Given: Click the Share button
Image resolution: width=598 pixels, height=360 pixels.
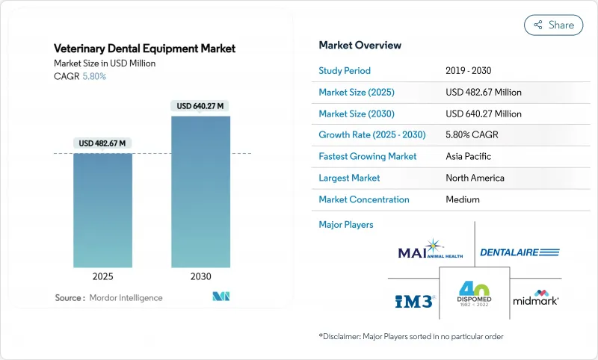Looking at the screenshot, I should tap(553, 25).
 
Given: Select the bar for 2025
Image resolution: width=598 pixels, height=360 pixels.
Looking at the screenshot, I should tap(102, 211).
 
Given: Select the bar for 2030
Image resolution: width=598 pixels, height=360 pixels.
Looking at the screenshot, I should tap(201, 192).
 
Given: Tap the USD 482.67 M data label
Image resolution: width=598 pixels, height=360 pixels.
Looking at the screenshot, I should tap(102, 143).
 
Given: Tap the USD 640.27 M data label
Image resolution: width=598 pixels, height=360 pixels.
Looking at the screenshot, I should tap(201, 106).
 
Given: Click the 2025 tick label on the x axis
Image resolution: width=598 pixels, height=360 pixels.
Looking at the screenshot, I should tap(102, 276).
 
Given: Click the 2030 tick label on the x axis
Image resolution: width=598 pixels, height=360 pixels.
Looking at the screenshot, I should tap(201, 276).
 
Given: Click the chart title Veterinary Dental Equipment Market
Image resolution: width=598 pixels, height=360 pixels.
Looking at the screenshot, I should tap(144, 49).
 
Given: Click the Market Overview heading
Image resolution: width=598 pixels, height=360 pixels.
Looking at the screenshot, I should tap(360, 46).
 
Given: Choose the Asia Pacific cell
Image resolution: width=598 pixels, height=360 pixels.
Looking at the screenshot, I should tap(469, 157).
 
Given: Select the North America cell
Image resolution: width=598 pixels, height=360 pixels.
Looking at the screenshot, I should tap(475, 178).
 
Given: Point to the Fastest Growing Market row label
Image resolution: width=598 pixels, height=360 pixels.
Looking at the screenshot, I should tap(367, 157).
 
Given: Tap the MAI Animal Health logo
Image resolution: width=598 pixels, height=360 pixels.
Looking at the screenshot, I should tap(431, 250).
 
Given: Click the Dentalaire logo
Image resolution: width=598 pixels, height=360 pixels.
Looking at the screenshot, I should tap(520, 252).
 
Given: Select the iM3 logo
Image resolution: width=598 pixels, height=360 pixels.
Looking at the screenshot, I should tap(413, 300).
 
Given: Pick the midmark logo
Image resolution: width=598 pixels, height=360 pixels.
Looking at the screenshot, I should tap(536, 300).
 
